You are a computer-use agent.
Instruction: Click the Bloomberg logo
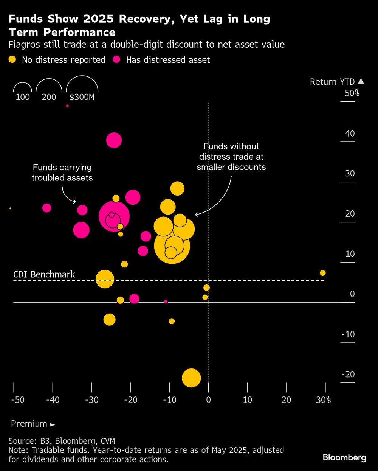pyautogui.click(x=344, y=457)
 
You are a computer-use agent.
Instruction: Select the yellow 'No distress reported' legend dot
pyautogui.click(x=12, y=59)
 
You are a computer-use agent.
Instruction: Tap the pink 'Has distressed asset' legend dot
pyautogui.click(x=116, y=59)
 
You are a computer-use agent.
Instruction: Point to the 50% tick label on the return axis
pyautogui.click(x=352, y=93)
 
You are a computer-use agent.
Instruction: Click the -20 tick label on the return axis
pyautogui.click(x=348, y=374)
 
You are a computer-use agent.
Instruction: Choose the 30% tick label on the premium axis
pyautogui.click(x=324, y=400)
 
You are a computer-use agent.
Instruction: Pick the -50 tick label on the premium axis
pyautogui.click(x=17, y=400)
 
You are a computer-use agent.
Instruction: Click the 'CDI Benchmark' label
pyautogui.click(x=44, y=274)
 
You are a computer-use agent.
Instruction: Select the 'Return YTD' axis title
pyautogui.click(x=332, y=82)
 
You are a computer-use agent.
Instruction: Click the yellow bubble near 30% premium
pyautogui.click(x=322, y=273)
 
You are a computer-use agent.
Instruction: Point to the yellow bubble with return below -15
pyautogui.click(x=191, y=378)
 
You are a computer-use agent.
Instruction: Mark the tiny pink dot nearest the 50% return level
pyautogui.click(x=67, y=106)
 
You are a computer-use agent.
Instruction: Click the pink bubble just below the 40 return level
pyautogui.click(x=114, y=140)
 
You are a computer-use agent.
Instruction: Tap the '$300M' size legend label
pyautogui.click(x=82, y=97)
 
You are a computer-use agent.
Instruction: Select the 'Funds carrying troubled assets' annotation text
pyautogui.click(x=62, y=173)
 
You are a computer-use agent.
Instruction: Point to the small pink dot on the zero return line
pyautogui.click(x=166, y=302)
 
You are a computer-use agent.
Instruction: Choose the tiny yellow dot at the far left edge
pyautogui.click(x=10, y=208)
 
